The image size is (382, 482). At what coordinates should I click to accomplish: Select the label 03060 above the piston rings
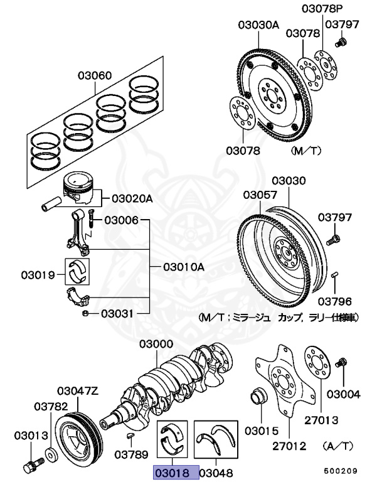[95, 77]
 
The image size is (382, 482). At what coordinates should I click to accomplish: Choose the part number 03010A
[184, 267]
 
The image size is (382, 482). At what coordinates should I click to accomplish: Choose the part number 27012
[289, 447]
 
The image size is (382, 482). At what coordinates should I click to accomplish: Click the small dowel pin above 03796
[336, 274]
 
